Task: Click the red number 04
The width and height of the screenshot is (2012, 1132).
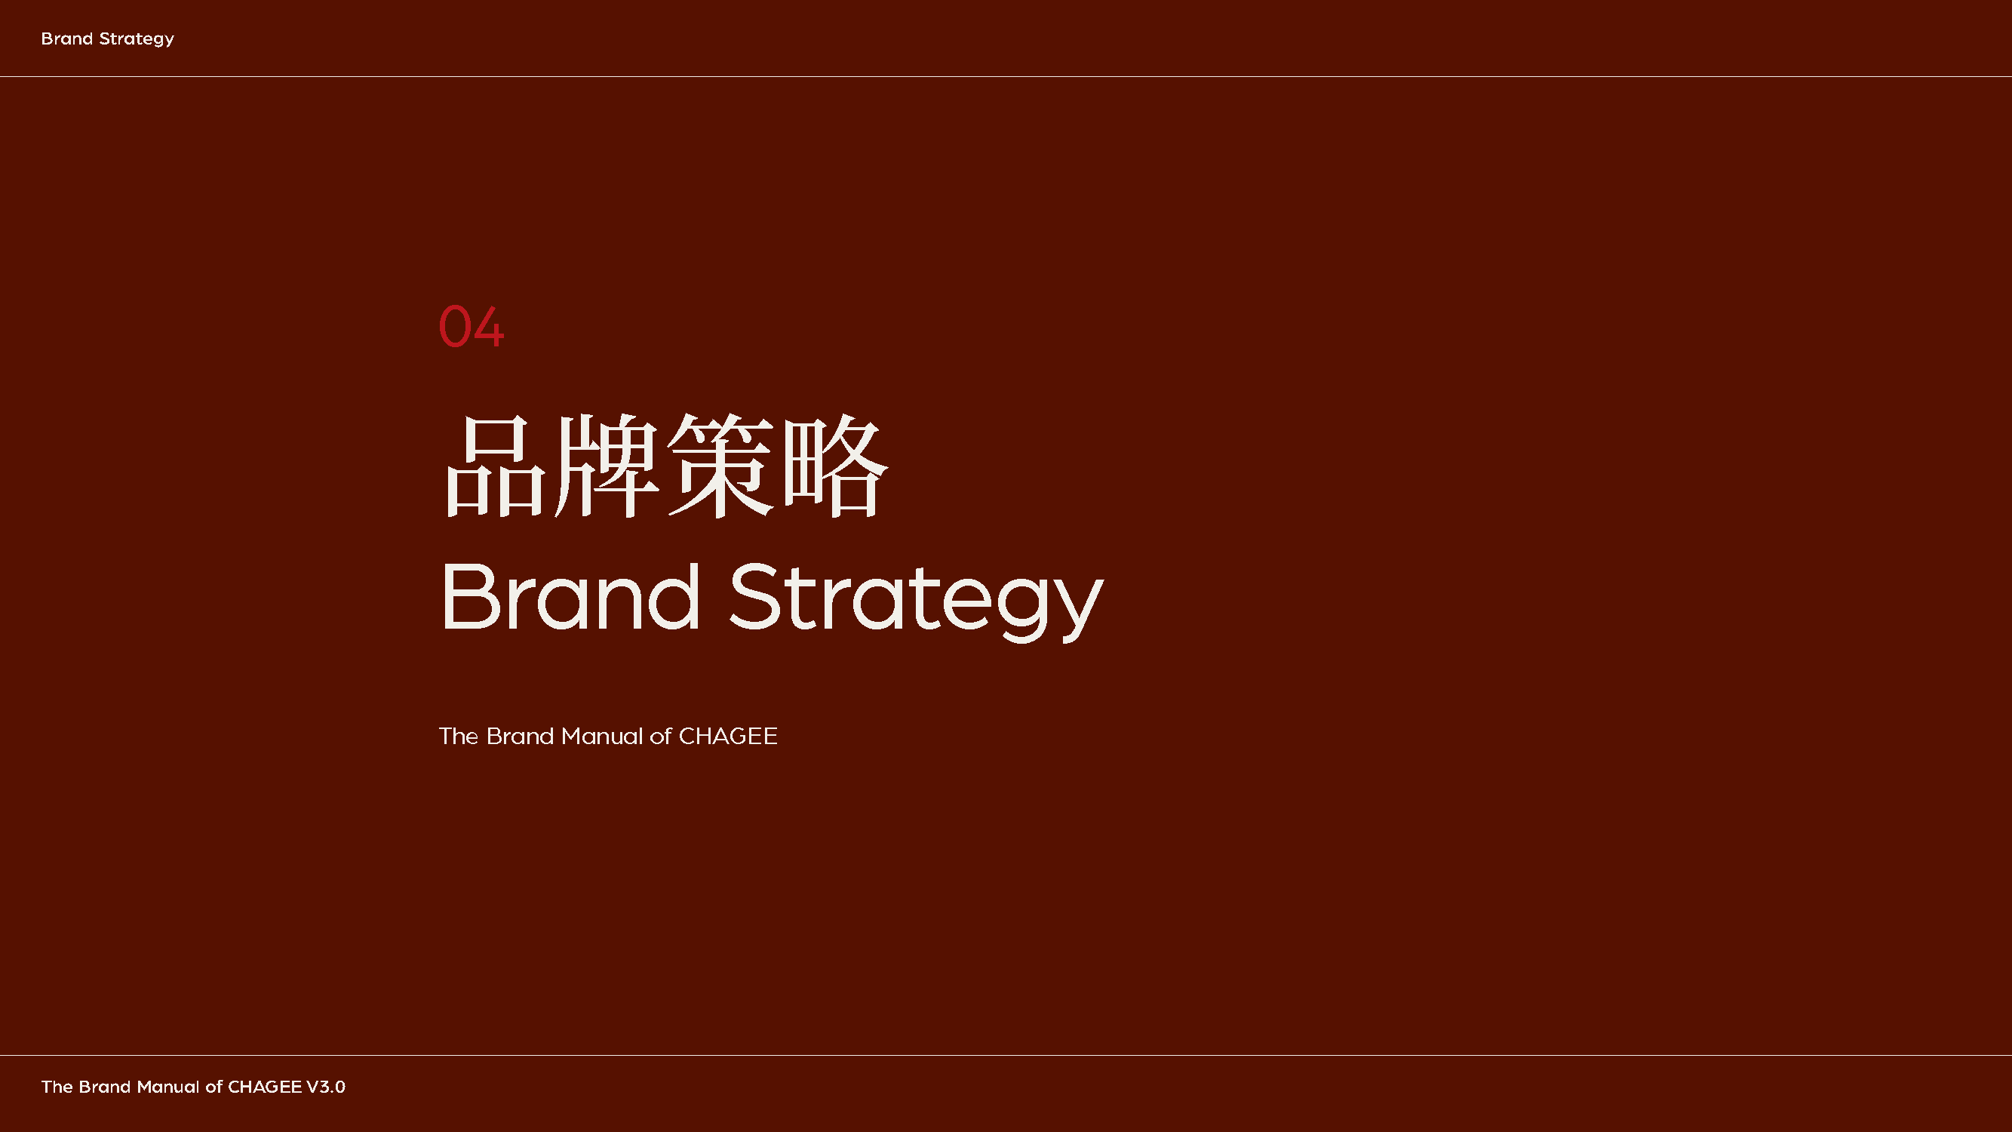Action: [x=471, y=327]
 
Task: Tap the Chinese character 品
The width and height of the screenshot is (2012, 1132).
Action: [x=495, y=466]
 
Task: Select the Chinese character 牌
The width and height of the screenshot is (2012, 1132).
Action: [x=606, y=466]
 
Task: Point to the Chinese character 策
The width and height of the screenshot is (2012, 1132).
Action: [x=720, y=466]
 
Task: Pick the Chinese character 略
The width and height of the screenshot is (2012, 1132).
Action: [x=835, y=466]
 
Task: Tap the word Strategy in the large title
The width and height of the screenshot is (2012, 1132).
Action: [x=916, y=602]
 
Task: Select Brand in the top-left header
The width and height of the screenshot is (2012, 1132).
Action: [x=67, y=38]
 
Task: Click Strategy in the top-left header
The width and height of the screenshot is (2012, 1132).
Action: [x=137, y=40]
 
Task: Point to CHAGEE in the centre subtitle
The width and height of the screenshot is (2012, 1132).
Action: [x=728, y=736]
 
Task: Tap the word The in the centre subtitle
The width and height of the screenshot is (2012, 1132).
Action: [x=459, y=736]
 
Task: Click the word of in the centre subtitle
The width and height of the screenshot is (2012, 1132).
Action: [x=661, y=736]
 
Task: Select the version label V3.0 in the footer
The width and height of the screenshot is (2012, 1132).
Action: [x=326, y=1087]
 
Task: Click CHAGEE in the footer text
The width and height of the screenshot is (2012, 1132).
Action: [x=265, y=1087]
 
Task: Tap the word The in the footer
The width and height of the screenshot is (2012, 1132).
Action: [x=57, y=1087]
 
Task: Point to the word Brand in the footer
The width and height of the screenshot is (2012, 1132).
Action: [x=105, y=1087]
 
